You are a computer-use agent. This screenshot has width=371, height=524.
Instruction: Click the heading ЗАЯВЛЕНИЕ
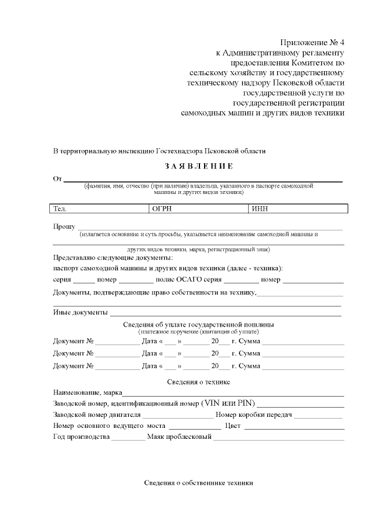tap(199, 167)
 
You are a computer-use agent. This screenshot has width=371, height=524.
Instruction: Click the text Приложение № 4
tap(312, 43)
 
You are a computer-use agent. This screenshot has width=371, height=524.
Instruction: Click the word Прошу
tap(64, 226)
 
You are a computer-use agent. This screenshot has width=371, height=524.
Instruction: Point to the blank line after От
tap(203, 179)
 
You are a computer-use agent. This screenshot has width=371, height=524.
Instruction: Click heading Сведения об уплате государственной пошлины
tap(199, 324)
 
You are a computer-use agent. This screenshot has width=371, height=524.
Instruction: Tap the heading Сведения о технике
tap(199, 382)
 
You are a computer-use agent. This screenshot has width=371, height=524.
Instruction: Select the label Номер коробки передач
tap(253, 415)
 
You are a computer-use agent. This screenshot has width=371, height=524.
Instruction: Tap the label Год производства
tap(81, 437)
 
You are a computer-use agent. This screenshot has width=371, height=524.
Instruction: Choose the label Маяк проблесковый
tap(179, 437)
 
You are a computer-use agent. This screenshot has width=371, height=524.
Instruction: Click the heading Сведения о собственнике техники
tap(199, 483)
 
